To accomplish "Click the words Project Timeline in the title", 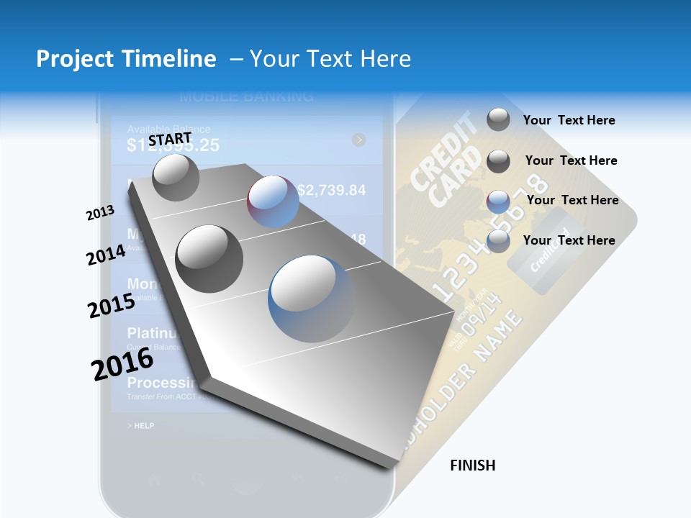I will point(126,59).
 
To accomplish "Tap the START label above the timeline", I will point(170,139).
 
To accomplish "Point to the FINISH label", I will point(473,465).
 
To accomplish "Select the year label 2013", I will point(100,213).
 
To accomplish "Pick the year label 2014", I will point(107,255).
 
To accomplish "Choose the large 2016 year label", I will point(122,363).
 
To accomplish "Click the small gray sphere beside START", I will point(176,177).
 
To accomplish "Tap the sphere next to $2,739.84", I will point(273,201).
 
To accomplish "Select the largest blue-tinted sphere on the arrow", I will point(312,299).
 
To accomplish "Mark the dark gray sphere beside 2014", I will point(209,258).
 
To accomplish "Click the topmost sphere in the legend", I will point(498,120).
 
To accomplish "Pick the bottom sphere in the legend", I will point(498,241).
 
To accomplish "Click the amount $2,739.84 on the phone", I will point(331,191).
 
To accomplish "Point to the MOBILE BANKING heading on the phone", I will point(246,96).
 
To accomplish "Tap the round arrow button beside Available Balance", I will point(358,140).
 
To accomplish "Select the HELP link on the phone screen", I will point(141,426).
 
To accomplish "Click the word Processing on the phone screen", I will point(163,383).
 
